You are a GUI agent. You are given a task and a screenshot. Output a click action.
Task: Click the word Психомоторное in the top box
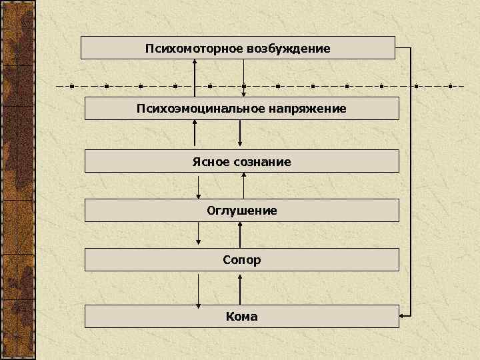(193, 49)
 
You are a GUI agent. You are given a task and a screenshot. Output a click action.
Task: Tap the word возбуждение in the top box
(289, 49)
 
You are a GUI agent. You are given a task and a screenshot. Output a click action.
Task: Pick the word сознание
(262, 161)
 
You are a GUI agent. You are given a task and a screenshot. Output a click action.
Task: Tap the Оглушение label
(241, 211)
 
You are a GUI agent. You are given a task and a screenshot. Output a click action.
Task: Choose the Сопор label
(242, 259)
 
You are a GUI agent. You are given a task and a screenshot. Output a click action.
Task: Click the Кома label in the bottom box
(241, 317)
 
